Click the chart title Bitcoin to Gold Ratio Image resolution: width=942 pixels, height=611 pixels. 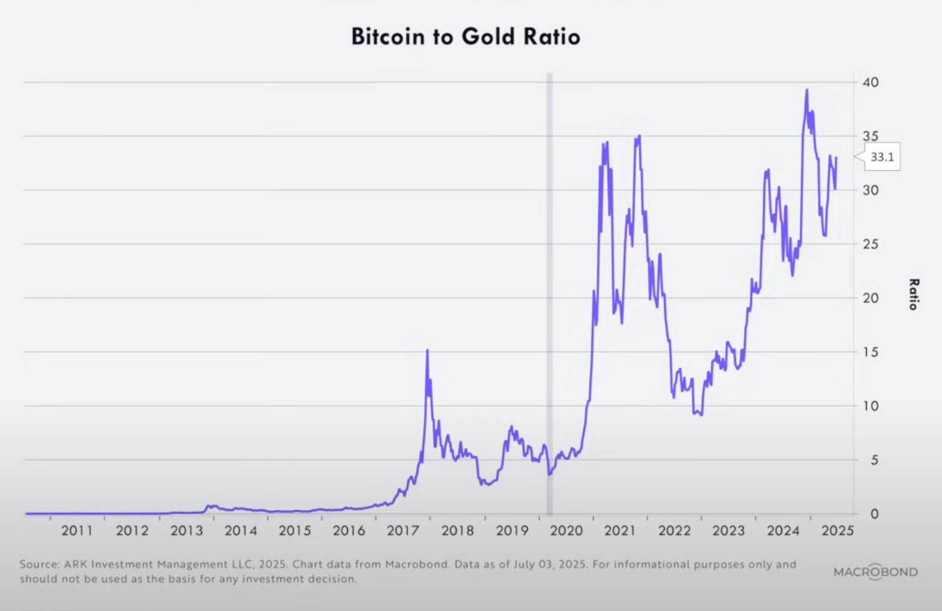466,37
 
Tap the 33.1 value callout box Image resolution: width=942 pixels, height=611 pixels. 882,158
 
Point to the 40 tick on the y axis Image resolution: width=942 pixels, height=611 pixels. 870,82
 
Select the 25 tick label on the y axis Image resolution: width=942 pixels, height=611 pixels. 870,244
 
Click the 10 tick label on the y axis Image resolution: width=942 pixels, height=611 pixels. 870,406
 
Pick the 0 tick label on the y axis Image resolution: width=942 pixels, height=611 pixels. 874,514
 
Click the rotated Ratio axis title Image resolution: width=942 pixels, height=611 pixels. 913,294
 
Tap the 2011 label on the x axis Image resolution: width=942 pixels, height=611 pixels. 77,531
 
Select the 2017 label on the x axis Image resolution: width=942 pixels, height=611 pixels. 402,531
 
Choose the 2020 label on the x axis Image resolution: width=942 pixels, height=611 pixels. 566,531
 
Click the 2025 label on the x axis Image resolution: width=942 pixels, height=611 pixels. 837,531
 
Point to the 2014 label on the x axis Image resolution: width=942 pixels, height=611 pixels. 240,531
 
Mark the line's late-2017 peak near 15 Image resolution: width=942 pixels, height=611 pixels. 427,351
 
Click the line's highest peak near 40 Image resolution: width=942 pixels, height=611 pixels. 807,90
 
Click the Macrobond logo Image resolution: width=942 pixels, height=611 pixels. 875,572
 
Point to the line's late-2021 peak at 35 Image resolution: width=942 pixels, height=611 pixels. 639,136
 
